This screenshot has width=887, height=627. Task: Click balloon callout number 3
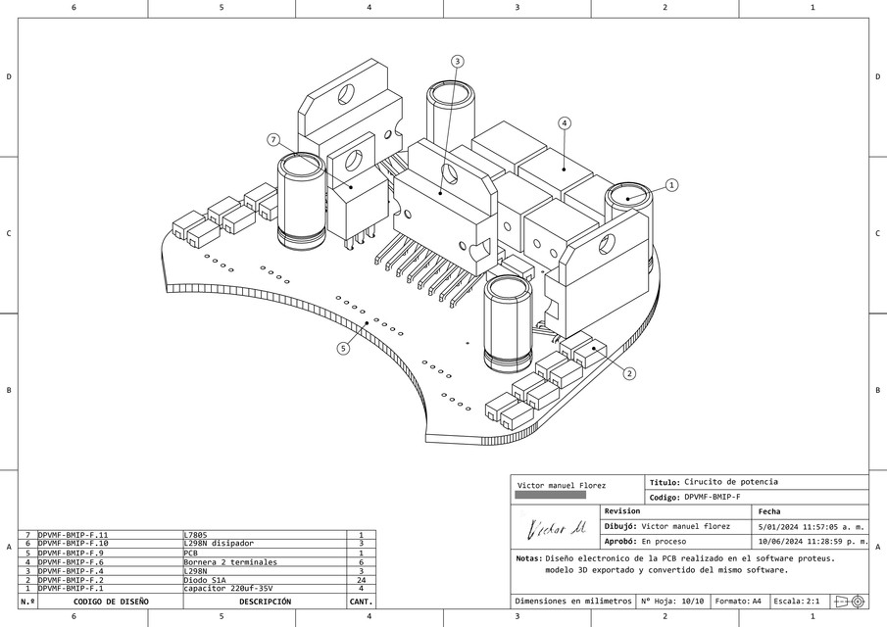(457, 61)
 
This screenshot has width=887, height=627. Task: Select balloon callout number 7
(273, 140)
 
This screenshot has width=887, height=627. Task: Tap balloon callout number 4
(565, 122)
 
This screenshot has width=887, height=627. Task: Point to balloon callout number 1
(671, 184)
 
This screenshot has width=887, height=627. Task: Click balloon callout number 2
(629, 372)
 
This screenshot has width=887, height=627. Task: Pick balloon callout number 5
(343, 348)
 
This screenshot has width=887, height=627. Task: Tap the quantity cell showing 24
(361, 580)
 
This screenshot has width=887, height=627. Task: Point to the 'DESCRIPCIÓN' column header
(265, 602)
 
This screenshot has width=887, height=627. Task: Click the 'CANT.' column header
(361, 602)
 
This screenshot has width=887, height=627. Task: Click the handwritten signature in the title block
(556, 529)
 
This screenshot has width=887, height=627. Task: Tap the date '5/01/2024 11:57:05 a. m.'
(811, 526)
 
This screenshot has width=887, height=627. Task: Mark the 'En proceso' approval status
(664, 541)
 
